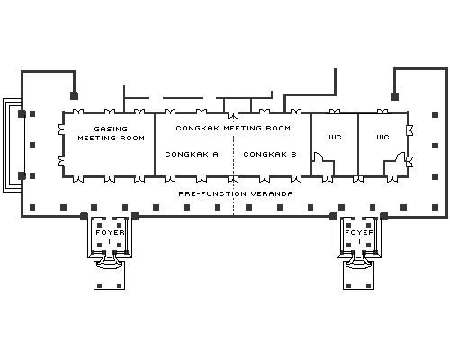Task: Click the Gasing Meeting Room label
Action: coord(112,133)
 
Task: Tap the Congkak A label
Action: coord(192,154)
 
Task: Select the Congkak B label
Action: coord(270,154)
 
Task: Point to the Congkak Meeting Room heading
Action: coord(233,128)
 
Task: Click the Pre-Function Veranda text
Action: coord(236,193)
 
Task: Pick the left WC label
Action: coord(335,137)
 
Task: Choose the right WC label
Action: coord(382,137)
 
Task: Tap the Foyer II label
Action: coord(111,237)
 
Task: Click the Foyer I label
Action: coord(359,237)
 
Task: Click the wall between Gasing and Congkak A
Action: coord(155,145)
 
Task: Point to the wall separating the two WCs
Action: coord(358,145)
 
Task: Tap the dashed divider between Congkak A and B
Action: coord(234,165)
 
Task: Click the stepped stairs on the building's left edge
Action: coord(12,145)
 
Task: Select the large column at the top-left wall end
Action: coord(74,95)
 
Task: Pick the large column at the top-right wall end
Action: coord(395,96)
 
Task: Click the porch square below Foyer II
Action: coord(109,275)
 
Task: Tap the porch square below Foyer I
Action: coord(358,275)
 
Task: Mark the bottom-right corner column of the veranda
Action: coord(436,207)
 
